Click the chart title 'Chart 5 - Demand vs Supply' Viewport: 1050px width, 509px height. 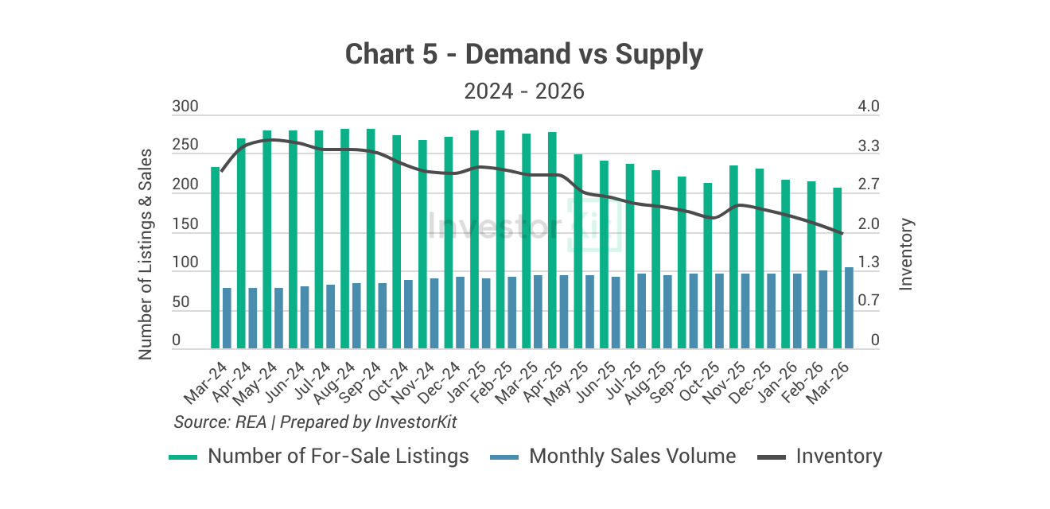(524, 55)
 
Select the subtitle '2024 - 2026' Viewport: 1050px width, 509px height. (524, 91)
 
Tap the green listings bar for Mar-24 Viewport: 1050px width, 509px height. (215, 258)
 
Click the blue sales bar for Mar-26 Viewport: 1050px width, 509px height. (849, 308)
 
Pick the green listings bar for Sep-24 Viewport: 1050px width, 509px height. (371, 239)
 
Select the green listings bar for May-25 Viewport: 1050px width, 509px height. (578, 251)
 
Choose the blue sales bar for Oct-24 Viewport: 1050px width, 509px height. (408, 314)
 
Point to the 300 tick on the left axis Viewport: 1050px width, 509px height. (185, 107)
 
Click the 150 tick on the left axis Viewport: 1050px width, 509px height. (185, 225)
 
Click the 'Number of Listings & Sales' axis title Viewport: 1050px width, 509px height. (145, 254)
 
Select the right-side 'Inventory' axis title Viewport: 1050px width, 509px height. (906, 254)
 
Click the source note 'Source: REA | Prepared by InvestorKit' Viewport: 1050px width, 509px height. (316, 422)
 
